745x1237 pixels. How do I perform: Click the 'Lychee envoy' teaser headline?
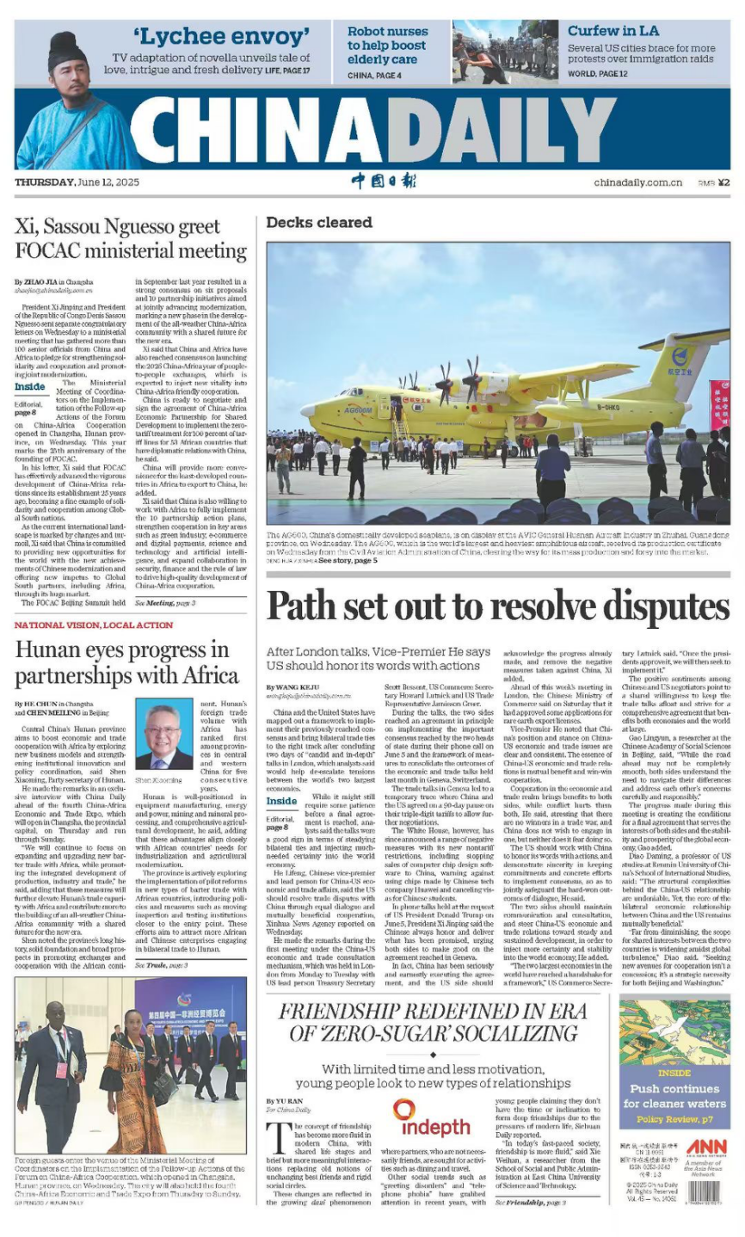coord(221,36)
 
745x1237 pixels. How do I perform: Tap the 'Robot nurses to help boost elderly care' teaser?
coord(386,45)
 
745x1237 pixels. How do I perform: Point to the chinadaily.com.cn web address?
coord(637,182)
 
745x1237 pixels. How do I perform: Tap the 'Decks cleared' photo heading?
coord(319,223)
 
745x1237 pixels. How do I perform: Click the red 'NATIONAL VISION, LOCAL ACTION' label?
coord(94,625)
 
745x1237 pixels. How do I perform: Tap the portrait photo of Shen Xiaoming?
coord(164,734)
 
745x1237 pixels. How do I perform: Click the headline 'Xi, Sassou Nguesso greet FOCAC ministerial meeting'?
coord(131,239)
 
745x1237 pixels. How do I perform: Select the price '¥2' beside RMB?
coord(723,182)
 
